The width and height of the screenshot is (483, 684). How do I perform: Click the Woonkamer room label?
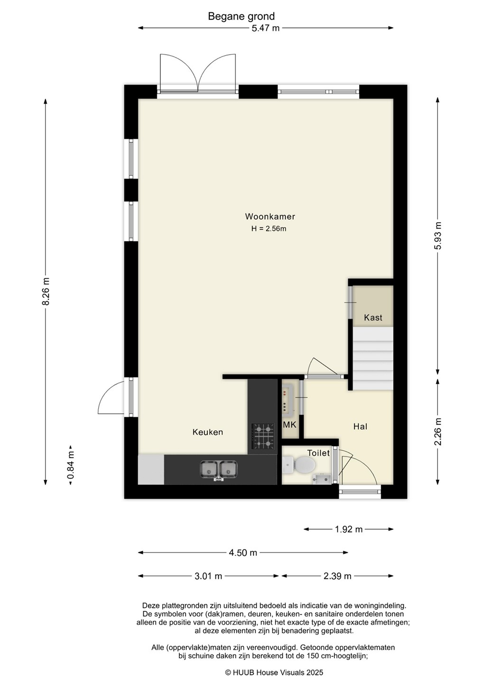pos(270,217)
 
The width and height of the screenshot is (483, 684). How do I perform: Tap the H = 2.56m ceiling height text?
pos(269,228)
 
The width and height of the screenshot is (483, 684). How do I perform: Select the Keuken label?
pos(208,432)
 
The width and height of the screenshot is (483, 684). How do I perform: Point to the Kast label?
pos(373,318)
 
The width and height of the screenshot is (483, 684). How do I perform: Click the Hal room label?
pos(360,426)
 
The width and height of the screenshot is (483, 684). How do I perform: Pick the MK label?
pos(290,425)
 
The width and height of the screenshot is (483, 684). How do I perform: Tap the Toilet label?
pos(318,453)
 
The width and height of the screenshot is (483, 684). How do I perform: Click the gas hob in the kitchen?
pos(262,436)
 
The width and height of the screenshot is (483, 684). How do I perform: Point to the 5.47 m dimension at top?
pos(265,28)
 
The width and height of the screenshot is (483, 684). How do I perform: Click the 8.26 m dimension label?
pos(46,291)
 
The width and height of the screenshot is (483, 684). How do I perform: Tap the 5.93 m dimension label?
pos(437,236)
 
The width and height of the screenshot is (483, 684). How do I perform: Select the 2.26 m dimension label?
pos(437,431)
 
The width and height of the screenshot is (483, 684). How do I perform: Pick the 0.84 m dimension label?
pos(71,465)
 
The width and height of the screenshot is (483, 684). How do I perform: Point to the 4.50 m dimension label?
pos(243,552)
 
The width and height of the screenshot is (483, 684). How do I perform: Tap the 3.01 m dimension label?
pos(208,576)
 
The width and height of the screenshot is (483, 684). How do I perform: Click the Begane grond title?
pos(241,16)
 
